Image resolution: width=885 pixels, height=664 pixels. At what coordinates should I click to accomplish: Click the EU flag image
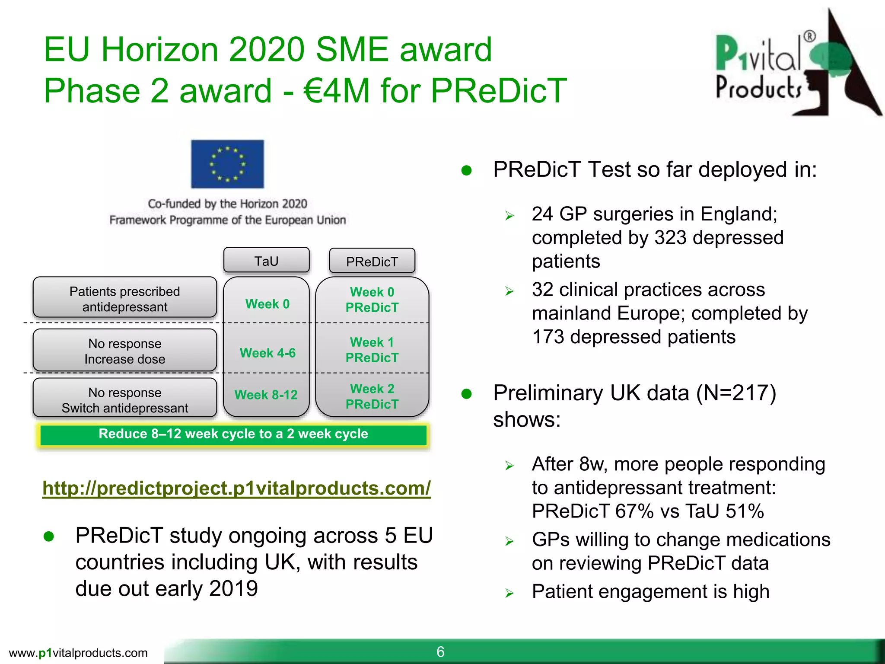click(227, 164)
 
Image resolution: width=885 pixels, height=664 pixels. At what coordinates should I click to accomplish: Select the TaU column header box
click(266, 261)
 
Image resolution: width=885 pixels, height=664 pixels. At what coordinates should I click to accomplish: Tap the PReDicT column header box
click(372, 261)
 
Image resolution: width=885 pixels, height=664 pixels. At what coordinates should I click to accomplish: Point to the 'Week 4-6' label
click(267, 353)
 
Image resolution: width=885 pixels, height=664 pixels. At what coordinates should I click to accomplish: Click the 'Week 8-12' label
click(266, 395)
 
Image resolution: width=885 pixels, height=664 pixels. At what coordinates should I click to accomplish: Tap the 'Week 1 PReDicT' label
click(372, 350)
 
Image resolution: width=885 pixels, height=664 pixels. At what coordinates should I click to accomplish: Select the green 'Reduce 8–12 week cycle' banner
click(233, 434)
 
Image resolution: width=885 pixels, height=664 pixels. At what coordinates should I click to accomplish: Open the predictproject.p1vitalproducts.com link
click(236, 488)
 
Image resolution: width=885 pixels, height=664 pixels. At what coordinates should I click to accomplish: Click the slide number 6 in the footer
click(440, 652)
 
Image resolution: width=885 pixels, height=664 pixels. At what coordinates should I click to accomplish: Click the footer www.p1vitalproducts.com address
click(78, 653)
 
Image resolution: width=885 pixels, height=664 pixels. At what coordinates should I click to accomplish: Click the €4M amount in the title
click(337, 91)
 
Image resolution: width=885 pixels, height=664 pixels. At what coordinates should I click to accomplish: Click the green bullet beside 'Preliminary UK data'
click(467, 394)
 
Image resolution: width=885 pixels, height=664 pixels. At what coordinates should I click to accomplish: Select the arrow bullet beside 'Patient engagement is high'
click(509, 593)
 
